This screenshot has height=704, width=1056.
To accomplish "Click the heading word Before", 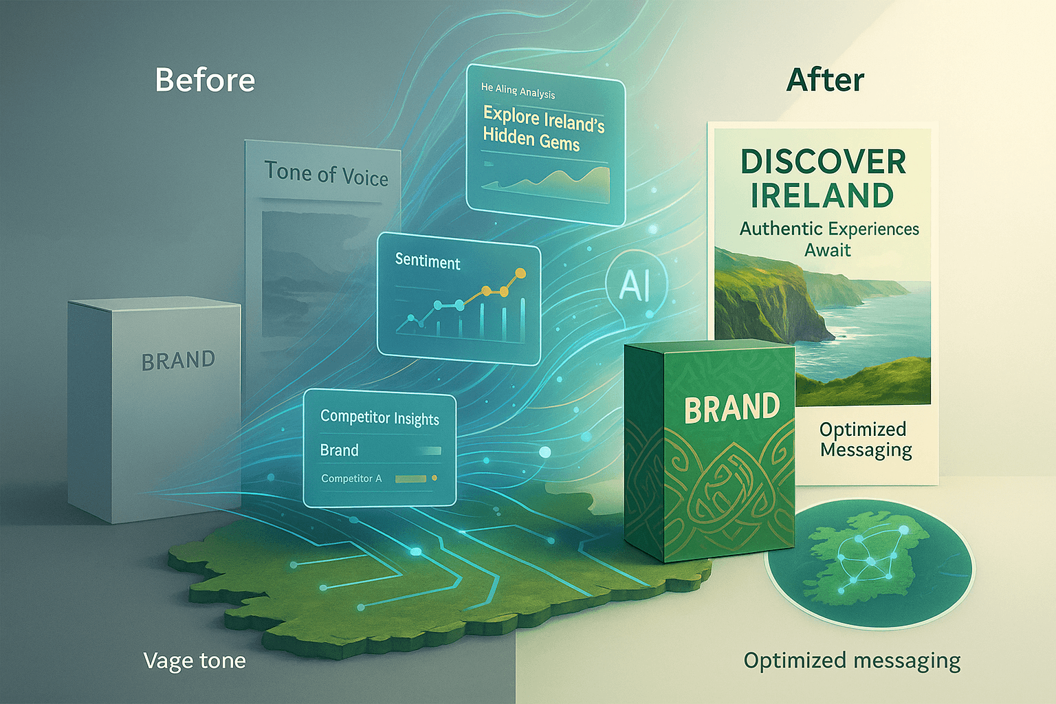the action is click(205, 80).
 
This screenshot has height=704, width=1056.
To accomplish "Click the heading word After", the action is click(825, 80).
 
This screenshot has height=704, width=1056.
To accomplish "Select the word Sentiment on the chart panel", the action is click(428, 261).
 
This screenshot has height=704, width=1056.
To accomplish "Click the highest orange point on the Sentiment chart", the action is click(520, 272).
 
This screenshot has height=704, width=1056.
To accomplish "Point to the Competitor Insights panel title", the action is click(379, 418).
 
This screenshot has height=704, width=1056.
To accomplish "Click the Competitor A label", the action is click(351, 478).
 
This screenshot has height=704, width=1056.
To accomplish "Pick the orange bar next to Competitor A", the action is click(410, 479).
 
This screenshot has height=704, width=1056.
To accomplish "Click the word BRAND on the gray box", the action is click(178, 361).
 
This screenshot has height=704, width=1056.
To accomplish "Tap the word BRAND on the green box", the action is click(732, 408).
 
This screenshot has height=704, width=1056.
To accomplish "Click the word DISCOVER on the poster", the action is click(823, 162).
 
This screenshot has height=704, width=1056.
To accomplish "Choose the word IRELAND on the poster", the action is click(822, 195).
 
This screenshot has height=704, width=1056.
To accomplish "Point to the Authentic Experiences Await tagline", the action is click(828, 239).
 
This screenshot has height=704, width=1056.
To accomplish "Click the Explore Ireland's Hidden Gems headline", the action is click(544, 129).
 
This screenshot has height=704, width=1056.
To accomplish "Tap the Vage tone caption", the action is click(195, 661).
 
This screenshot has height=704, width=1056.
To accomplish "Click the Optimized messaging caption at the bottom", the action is click(852, 661).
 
